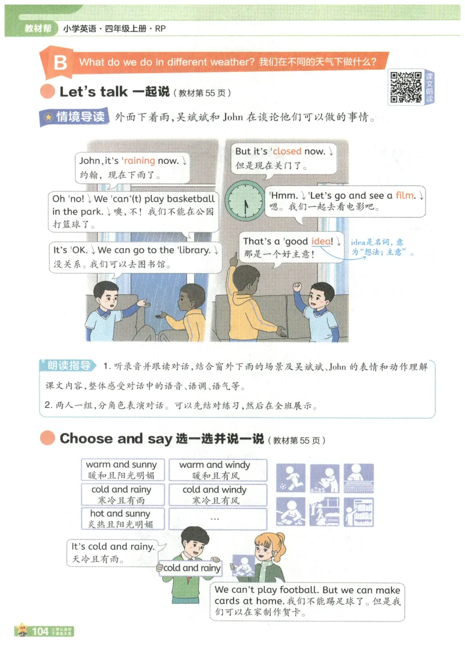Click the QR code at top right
[405, 87]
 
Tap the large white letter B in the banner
[60, 63]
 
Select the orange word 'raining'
[139, 161]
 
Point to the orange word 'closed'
[287, 151]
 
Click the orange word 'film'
[405, 195]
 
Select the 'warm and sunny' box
[121, 470]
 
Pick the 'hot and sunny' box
[121, 518]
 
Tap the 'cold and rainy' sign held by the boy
[191, 567]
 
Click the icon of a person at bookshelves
[358, 512]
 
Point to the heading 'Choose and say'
[116, 438]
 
